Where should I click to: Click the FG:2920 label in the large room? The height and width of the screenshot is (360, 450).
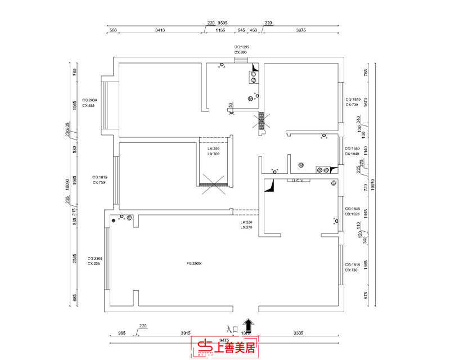click(x=193, y=263)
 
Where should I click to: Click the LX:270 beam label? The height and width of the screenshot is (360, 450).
click(x=246, y=227)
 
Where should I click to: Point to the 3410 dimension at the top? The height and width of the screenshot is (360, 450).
click(x=160, y=30)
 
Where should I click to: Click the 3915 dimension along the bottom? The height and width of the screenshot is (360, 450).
click(x=186, y=334)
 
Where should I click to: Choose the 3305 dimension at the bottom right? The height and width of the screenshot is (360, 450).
click(x=300, y=334)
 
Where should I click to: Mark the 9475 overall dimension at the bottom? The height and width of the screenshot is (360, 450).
click(x=224, y=340)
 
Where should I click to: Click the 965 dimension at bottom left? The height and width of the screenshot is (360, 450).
click(x=121, y=334)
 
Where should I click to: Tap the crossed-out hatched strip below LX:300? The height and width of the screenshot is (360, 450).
click(x=213, y=182)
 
